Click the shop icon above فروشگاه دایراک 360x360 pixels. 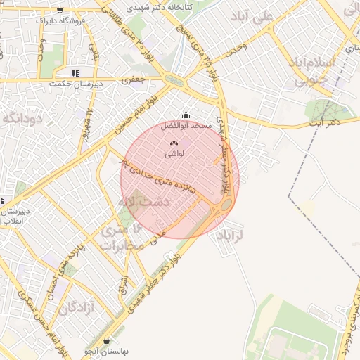click(x=60, y=10)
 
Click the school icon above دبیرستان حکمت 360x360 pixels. click(x=75, y=73)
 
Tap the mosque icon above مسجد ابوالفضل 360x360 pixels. click(x=186, y=115)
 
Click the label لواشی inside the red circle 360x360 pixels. click(x=174, y=153)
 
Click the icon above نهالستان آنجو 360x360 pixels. click(x=106, y=340)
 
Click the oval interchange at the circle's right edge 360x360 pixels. click(x=227, y=205)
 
